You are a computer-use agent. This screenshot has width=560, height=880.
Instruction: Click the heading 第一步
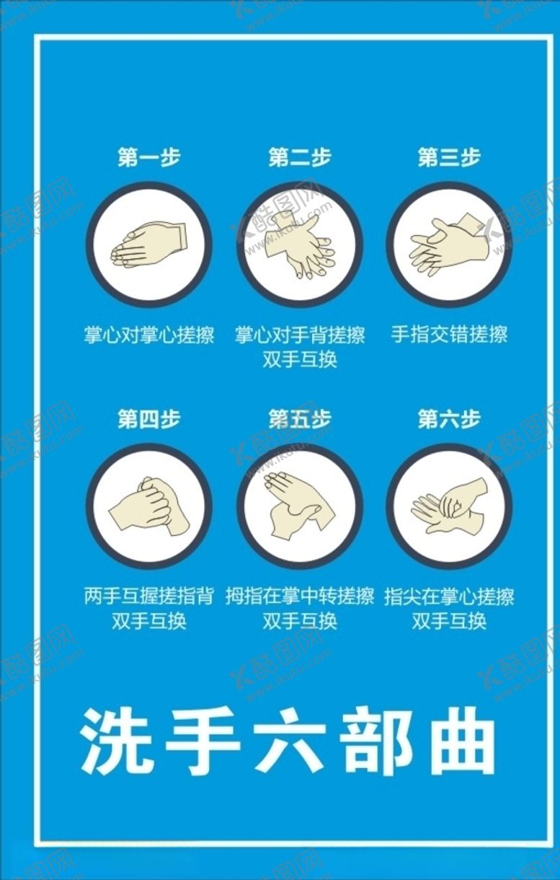pos(149,157)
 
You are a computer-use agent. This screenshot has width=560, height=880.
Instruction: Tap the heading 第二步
pos(300,157)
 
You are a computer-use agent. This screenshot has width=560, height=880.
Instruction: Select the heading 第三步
pos(449,157)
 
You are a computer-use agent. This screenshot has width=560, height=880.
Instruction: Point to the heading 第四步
pos(149,419)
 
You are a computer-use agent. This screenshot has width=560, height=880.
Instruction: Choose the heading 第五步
pos(300,419)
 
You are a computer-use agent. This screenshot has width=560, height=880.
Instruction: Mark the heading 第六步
pos(449,419)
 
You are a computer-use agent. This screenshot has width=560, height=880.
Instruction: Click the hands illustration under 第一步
pos(148,245)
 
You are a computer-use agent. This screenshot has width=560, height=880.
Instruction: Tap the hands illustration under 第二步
pos(300,245)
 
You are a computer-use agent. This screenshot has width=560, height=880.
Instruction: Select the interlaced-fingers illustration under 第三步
pos(449,245)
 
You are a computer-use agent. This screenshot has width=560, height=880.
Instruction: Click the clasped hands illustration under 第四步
pos(149,506)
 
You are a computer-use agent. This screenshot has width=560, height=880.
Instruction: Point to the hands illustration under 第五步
pos(300,506)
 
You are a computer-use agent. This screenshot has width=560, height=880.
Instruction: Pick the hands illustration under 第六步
pos(449,506)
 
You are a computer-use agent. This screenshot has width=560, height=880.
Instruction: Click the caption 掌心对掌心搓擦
pos(149,335)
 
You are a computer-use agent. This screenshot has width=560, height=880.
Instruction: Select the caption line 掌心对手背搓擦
pos(300,335)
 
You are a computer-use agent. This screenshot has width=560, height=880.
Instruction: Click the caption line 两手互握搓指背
pos(149,597)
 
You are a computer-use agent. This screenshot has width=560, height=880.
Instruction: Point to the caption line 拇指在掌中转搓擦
pos(300,597)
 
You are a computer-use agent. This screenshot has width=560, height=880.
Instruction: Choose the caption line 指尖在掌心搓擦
pos(449,597)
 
